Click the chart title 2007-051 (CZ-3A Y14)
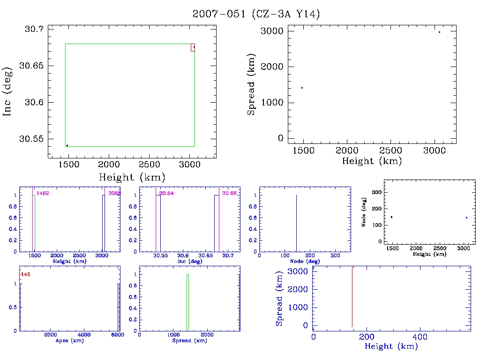pos(256,15)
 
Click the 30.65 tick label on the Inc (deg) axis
pos(30,66)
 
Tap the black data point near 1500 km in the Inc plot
pos(67,145)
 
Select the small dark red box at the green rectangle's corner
pos(193,47)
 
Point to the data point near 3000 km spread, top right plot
pos(439,32)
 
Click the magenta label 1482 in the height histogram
pos(43,193)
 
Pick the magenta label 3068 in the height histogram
pos(114,193)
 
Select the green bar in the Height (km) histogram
pos(34,223)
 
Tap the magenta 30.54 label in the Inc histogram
pos(166,193)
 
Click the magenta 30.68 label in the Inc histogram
pos(229,193)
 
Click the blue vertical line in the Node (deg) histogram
pos(296,223)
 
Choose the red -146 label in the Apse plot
pos(25,274)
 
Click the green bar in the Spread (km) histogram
pos(187,302)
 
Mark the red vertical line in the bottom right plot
pos(352,296)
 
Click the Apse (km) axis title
pos(69,341)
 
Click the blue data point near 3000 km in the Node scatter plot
pos(466,217)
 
